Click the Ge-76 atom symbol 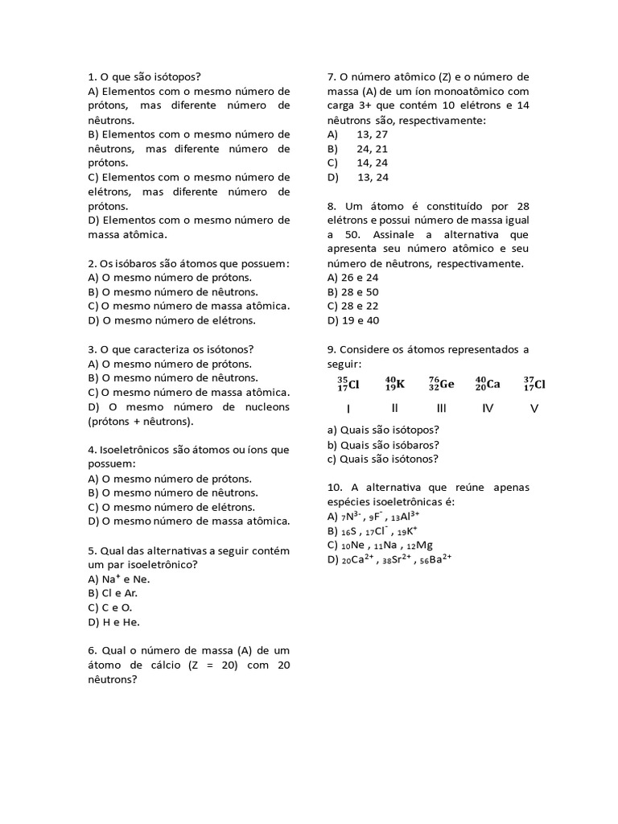(440, 384)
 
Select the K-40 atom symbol (395, 384)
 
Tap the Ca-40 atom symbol (488, 384)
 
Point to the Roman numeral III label (441, 408)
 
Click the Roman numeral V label (534, 408)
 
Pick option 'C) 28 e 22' (353, 306)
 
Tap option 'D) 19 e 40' (353, 320)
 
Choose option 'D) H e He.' (114, 621)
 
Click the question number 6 (92, 650)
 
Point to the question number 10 (335, 488)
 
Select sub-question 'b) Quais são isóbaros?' (382, 444)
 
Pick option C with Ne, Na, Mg (380, 545)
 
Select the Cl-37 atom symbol (534, 384)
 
